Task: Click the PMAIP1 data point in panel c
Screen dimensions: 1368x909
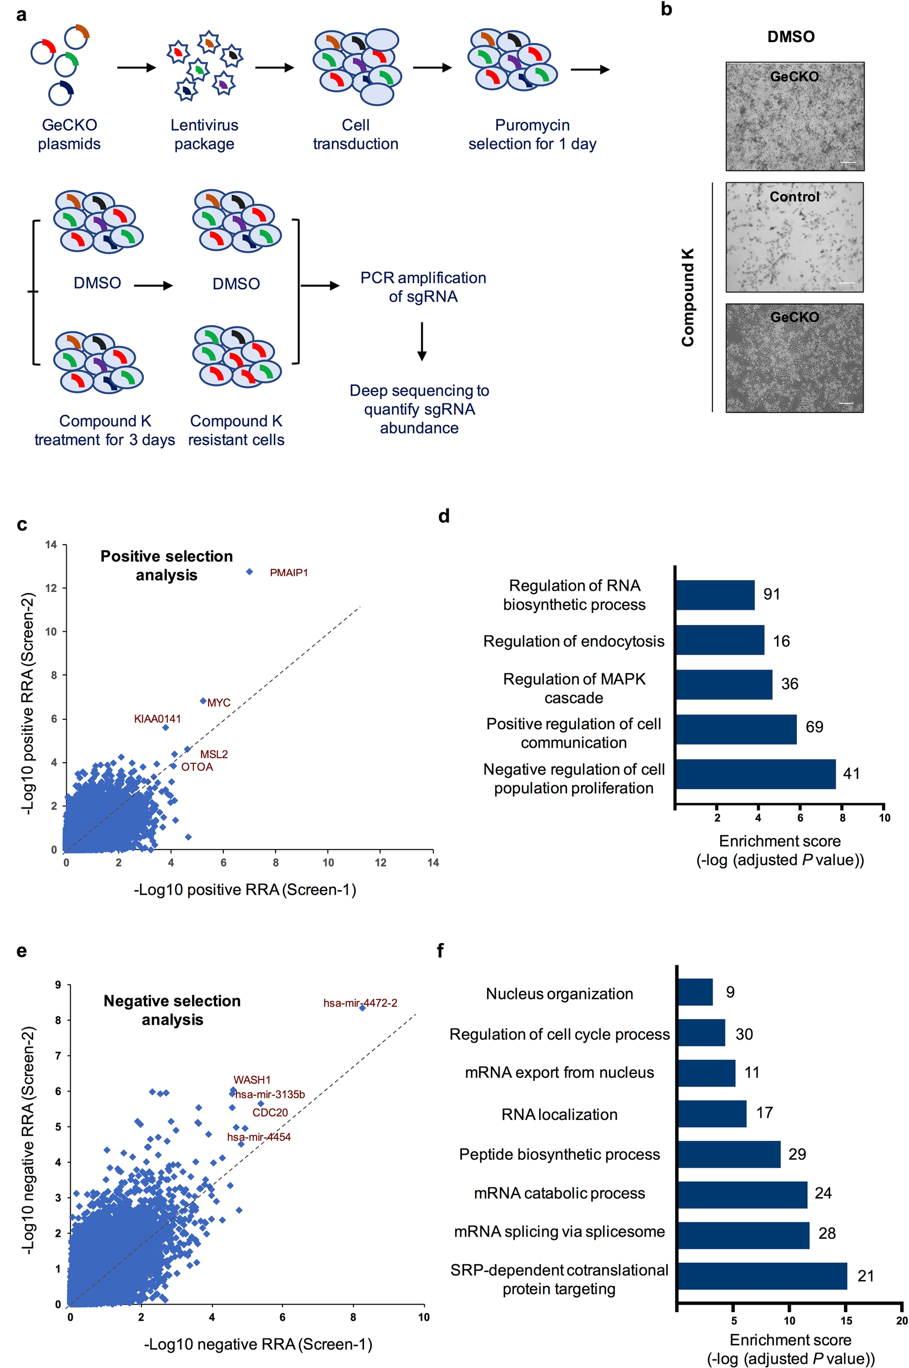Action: [250, 572]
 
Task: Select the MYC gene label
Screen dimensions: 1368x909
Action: [218, 703]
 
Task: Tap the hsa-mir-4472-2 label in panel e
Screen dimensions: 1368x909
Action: [360, 1003]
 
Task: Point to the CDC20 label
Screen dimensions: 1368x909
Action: [270, 1112]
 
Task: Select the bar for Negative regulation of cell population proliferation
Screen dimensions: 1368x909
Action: [755, 774]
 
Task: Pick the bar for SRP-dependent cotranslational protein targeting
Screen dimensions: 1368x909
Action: [762, 1276]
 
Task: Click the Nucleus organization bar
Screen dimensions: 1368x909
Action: [694, 992]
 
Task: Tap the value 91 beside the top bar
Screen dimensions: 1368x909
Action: [771, 594]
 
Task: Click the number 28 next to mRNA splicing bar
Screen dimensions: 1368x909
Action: [827, 1233]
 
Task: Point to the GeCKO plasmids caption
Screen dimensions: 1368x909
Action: [69, 134]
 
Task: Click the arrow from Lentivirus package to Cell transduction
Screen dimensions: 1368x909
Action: [274, 68]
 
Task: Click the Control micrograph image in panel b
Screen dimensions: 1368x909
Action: [794, 237]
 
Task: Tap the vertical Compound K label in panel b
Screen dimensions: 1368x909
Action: [687, 297]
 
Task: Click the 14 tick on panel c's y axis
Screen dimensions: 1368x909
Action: [51, 545]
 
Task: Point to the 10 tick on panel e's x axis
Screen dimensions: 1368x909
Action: [423, 1317]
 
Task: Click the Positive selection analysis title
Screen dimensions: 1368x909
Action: [166, 565]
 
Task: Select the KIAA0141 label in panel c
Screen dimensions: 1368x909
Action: [157, 719]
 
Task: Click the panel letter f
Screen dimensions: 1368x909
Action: [440, 951]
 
